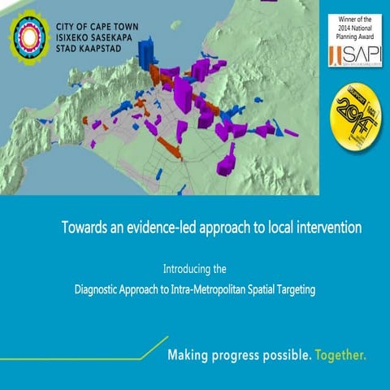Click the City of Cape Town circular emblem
29,37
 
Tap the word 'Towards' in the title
83,227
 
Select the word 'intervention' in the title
325,227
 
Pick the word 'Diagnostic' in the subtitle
100,288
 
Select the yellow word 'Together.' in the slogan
341,356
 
